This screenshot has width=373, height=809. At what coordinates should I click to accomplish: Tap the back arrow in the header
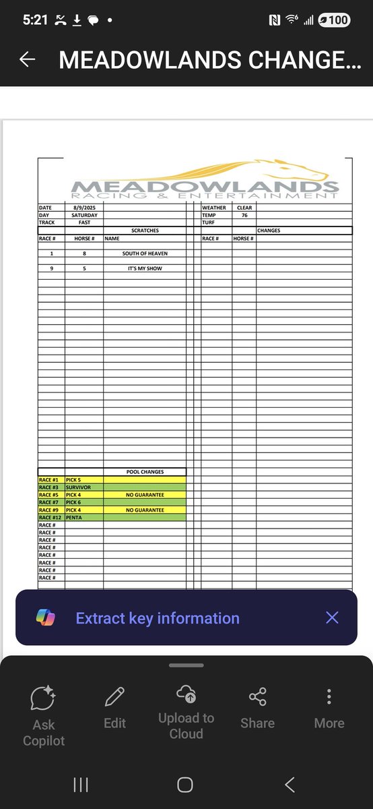28,60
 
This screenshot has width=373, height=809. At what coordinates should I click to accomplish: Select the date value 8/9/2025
84,208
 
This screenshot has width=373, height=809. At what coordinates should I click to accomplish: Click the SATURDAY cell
84,215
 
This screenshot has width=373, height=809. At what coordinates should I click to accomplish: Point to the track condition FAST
84,222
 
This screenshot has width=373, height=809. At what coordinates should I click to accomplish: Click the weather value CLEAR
244,208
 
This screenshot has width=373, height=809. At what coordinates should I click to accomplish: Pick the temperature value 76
244,215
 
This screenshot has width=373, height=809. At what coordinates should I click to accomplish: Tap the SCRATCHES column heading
145,231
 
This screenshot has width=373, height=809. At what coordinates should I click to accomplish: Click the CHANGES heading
269,231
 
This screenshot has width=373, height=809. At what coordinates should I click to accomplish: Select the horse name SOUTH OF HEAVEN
145,253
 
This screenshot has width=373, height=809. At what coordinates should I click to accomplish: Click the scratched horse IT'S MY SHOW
145,268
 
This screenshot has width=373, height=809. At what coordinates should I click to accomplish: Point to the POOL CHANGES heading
145,472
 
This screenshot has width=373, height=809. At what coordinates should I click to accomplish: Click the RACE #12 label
51,517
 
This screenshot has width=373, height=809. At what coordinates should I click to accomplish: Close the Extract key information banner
332,618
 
